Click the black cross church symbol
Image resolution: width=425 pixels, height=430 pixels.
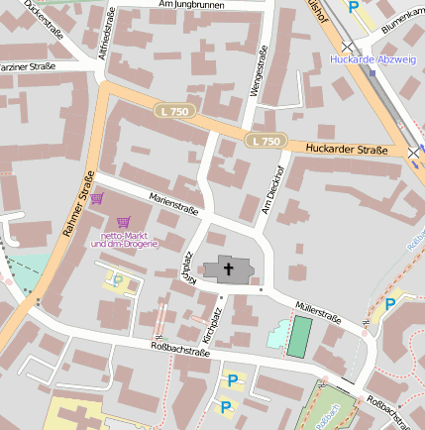click(x=229, y=268)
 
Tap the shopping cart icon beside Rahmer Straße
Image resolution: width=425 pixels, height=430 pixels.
click(x=97, y=198)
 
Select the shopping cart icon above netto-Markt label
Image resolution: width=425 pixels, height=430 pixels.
click(x=124, y=222)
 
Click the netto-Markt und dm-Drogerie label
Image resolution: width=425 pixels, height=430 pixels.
click(x=124, y=239)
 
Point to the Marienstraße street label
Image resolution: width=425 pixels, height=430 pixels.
click(x=173, y=204)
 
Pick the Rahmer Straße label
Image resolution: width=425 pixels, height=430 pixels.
click(x=78, y=205)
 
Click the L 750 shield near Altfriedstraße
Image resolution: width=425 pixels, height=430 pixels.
click(x=174, y=112)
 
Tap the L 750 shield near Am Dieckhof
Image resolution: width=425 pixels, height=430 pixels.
click(x=266, y=141)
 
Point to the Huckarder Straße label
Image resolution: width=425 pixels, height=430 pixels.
click(x=346, y=149)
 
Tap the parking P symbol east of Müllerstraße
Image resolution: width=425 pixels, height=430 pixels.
click(x=390, y=303)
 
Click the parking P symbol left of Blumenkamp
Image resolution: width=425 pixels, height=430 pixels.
click(x=354, y=7)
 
